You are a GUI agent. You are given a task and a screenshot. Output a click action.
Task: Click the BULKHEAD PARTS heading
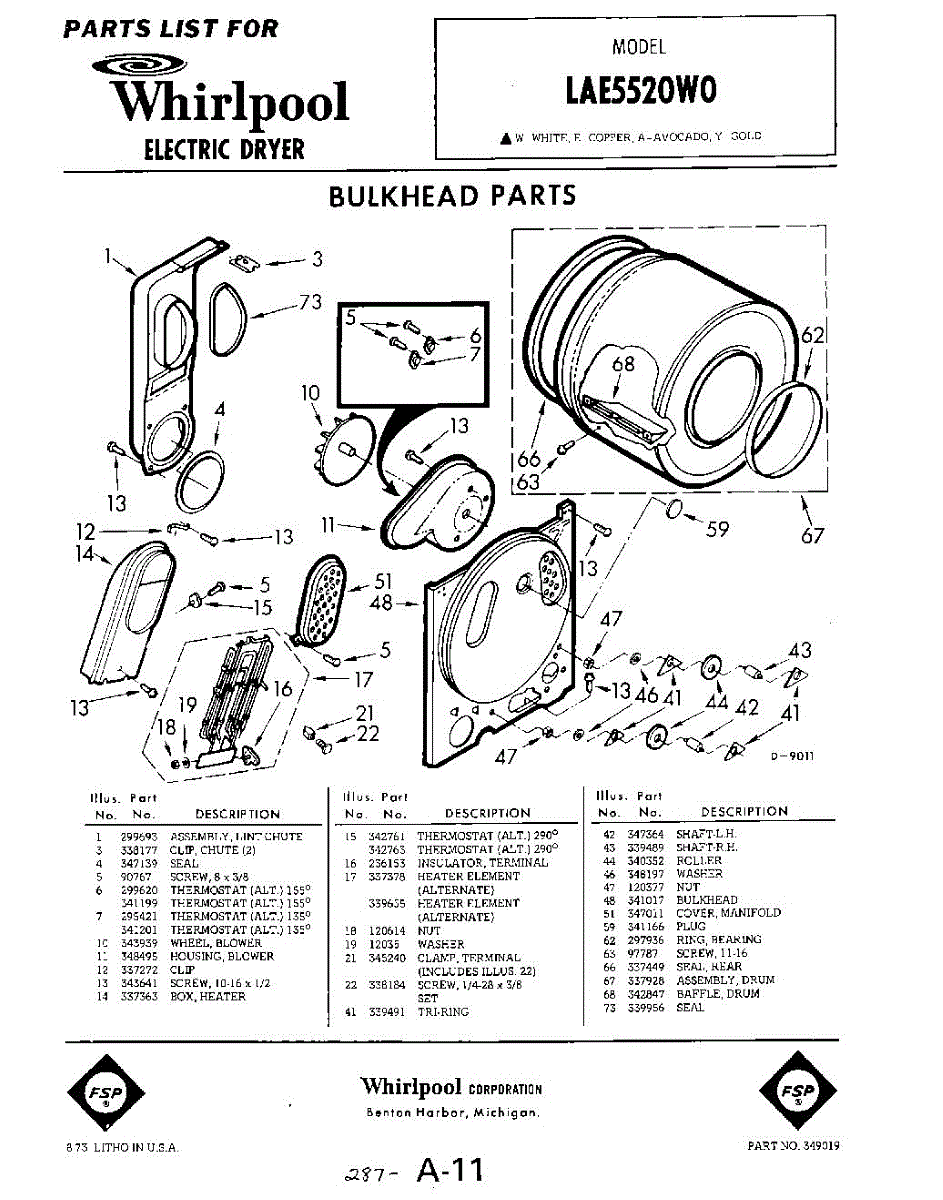pyautogui.click(x=452, y=195)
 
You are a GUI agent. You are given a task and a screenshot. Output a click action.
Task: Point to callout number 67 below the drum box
pyautogui.click(x=812, y=536)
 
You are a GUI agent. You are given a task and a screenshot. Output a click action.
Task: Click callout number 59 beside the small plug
pyautogui.click(x=717, y=529)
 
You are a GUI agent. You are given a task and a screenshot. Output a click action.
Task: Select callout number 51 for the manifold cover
pyautogui.click(x=383, y=581)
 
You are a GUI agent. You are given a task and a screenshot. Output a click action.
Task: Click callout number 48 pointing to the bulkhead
pyautogui.click(x=380, y=603)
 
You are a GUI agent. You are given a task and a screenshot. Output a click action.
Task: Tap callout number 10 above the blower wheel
pyautogui.click(x=309, y=394)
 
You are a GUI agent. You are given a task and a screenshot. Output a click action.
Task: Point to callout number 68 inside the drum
pyautogui.click(x=623, y=364)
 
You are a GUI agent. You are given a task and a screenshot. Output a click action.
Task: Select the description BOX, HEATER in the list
pyautogui.click(x=208, y=997)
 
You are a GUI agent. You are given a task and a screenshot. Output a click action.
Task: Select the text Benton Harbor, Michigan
pyautogui.click(x=453, y=1113)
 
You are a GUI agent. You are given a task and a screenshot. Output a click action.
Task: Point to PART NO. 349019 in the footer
pyautogui.click(x=793, y=1146)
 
